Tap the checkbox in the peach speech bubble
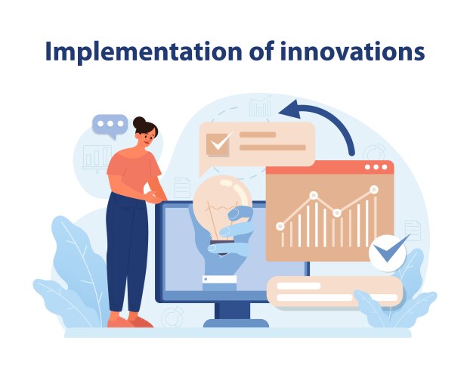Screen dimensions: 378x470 (221, 142)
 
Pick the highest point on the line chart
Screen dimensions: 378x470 (373, 189)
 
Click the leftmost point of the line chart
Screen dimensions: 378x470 (280, 225)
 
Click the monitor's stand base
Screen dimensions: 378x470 (235, 322)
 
